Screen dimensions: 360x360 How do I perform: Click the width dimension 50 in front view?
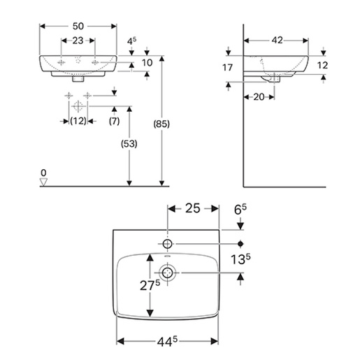click(x=78, y=25)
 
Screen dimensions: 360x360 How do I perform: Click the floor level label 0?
click(x=43, y=172)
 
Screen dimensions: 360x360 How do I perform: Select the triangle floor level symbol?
click(x=43, y=182)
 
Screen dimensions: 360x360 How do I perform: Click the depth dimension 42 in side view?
click(x=278, y=41)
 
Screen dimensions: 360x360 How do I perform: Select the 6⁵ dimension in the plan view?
click(x=240, y=209)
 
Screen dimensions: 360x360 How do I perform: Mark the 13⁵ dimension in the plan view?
click(x=241, y=259)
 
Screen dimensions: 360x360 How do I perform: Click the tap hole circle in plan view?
click(x=168, y=244)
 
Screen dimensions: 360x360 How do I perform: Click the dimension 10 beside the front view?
click(x=147, y=63)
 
